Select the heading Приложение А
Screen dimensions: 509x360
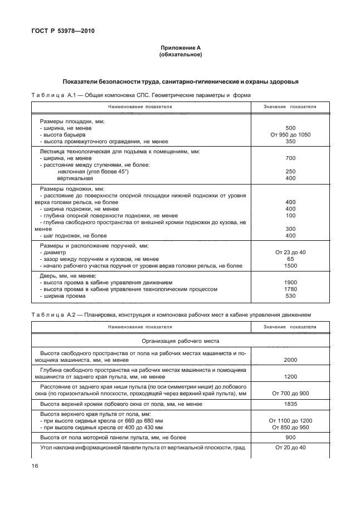pyautogui.click(x=180, y=49)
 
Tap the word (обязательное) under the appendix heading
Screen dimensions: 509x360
pyautogui.click(x=180, y=55)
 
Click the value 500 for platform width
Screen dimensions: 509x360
pyautogui.click(x=290, y=128)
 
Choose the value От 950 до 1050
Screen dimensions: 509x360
pyautogui.click(x=290, y=135)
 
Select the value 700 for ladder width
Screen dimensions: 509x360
pyautogui.click(x=290, y=158)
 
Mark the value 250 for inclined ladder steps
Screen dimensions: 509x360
pyautogui.click(x=290, y=172)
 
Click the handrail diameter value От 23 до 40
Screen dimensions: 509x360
pyautogui.click(x=290, y=253)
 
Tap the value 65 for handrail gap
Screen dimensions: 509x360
pyautogui.click(x=290, y=259)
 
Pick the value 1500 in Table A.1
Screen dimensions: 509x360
pyautogui.click(x=290, y=266)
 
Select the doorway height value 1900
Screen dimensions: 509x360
pyautogui.click(x=290, y=283)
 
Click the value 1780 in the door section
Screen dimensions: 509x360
pyautogui.click(x=290, y=289)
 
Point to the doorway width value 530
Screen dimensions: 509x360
pyautogui.click(x=290, y=296)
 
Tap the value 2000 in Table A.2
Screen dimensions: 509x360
pyautogui.click(x=290, y=360)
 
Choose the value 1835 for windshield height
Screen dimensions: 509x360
pyautogui.click(x=290, y=404)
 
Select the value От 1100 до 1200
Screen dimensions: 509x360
pyautogui.click(x=290, y=420)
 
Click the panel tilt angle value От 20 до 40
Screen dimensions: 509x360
pyautogui.click(x=290, y=448)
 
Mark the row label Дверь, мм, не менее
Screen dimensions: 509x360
pyautogui.click(x=67, y=276)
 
